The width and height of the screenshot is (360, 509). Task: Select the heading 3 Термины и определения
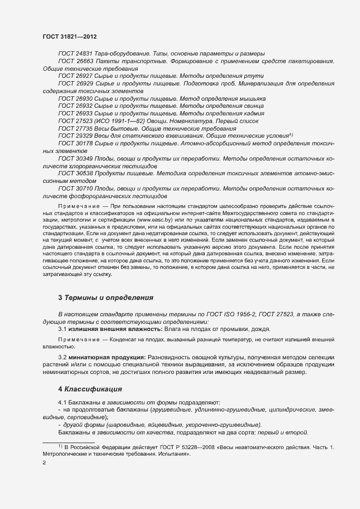point(106,298)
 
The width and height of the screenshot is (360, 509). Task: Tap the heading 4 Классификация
point(89,389)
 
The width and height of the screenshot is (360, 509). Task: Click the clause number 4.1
point(63,402)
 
